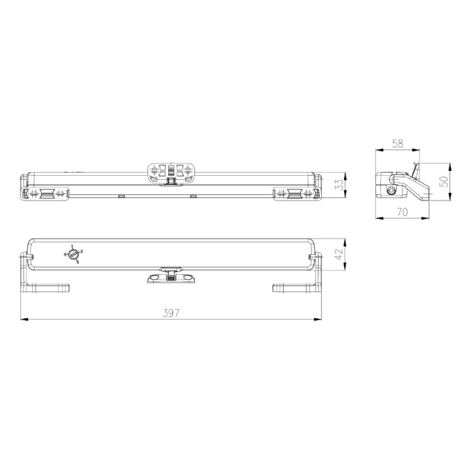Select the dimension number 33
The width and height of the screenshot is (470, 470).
[338, 186]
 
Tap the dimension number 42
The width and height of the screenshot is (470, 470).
[338, 254]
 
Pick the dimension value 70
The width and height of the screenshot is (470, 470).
[402, 213]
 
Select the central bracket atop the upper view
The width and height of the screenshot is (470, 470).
[171, 171]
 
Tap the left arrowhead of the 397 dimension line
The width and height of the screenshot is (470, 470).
[24, 320]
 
